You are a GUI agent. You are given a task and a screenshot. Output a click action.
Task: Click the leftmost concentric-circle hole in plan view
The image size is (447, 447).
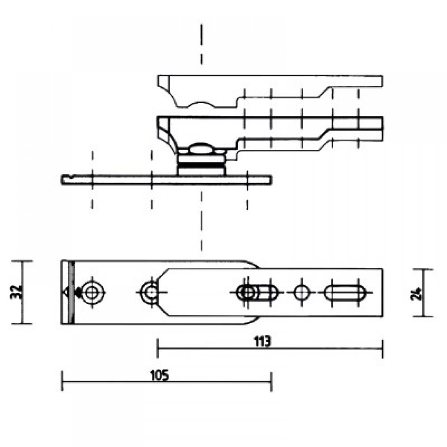(93, 293)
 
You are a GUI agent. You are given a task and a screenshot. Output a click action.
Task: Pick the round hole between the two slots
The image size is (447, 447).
(302, 293)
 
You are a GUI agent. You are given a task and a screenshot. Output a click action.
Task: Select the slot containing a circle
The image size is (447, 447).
(257, 293)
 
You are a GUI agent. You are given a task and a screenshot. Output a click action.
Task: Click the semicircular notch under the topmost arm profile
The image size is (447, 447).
(200, 105)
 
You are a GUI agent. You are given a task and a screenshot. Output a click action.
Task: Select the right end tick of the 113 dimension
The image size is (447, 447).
(382, 349)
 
